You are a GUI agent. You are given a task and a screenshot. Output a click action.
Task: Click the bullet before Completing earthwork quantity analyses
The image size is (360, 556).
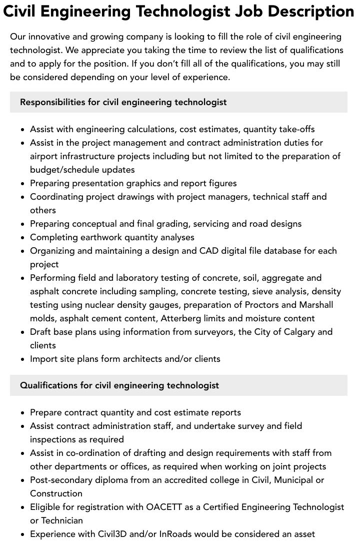tap(23, 238)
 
